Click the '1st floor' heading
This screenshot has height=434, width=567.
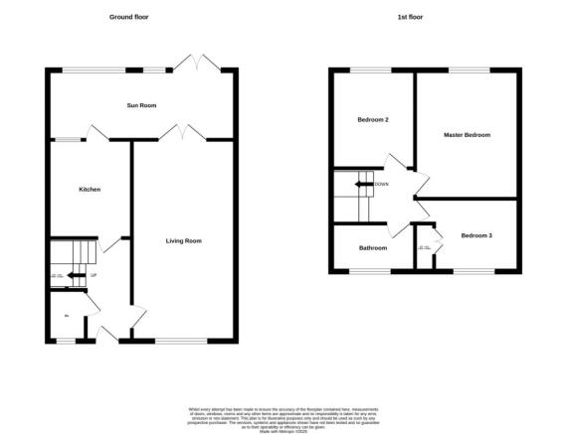(426, 18)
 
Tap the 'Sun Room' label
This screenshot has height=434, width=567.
(141, 105)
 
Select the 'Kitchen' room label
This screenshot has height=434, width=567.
(90, 189)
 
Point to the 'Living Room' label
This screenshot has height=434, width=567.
(184, 240)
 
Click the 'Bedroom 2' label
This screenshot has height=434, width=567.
(372, 120)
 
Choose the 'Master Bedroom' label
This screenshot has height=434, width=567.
(467, 135)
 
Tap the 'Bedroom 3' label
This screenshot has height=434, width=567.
(475, 235)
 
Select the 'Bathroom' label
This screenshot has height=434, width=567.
(372, 247)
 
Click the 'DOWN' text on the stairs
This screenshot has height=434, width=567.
(381, 185)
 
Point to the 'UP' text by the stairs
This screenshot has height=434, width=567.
(94, 275)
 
